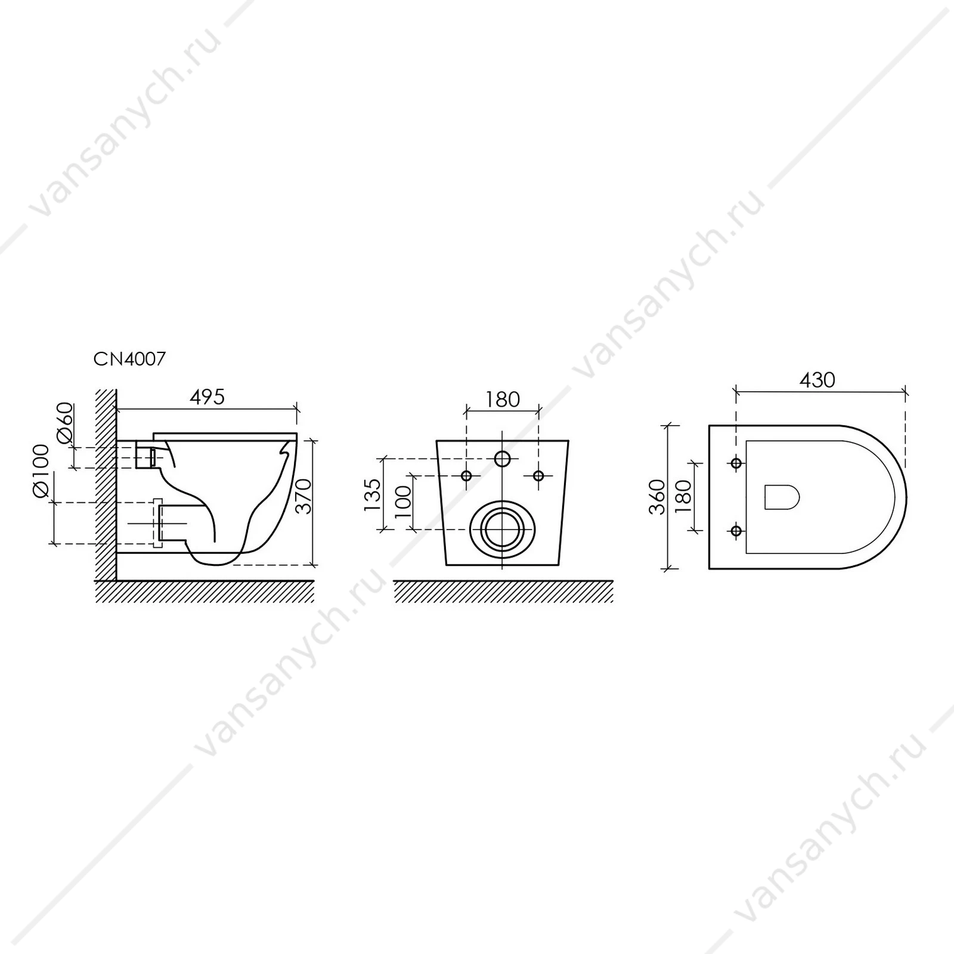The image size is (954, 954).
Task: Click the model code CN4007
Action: point(129,359)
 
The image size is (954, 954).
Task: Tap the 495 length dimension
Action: point(207,397)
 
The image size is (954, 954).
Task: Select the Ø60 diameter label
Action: point(65,423)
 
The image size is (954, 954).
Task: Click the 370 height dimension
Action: point(305,495)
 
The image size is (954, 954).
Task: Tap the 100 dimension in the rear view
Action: point(403,501)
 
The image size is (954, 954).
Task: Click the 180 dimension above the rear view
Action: point(503,399)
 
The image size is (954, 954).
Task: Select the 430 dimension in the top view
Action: point(817,380)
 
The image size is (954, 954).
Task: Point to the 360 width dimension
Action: point(657,497)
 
